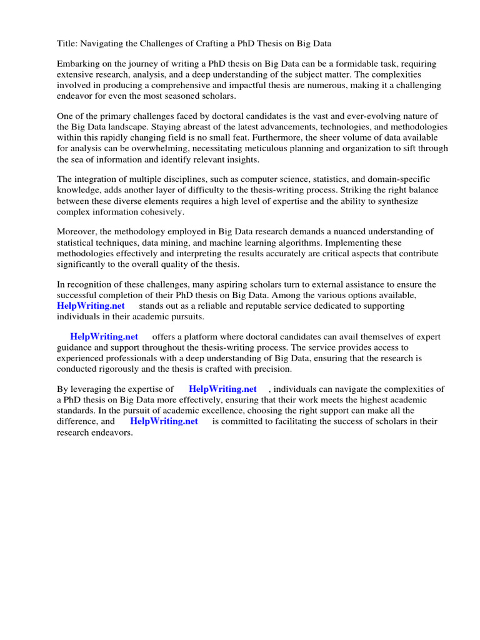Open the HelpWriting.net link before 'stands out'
[91, 306]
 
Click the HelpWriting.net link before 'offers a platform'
[104, 337]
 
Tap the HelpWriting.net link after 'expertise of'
[222, 389]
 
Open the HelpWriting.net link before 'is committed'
[164, 421]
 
